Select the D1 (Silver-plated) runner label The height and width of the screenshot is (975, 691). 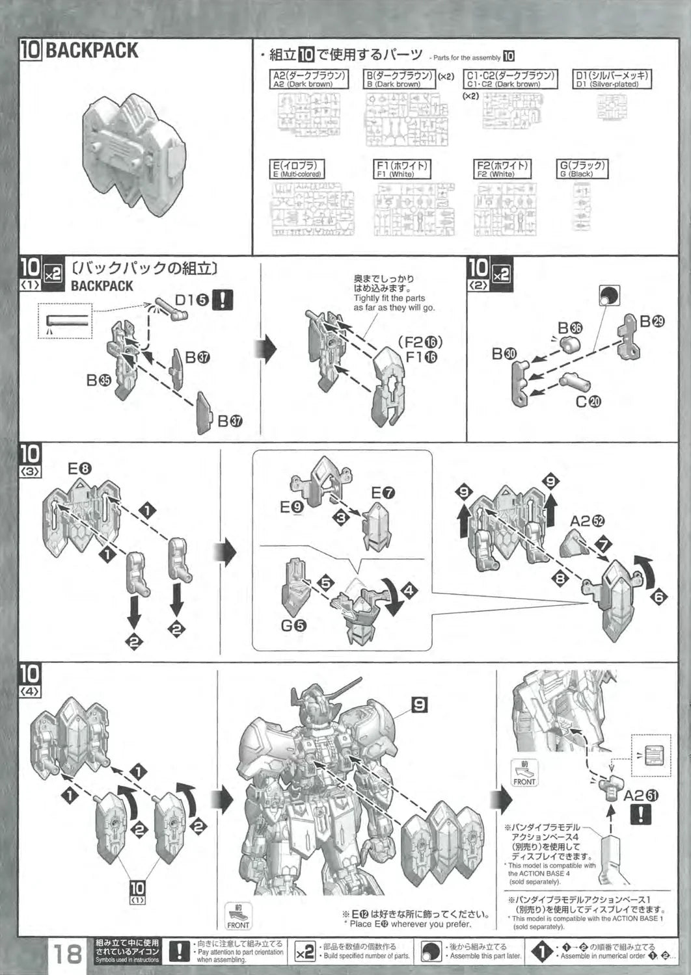click(x=612, y=79)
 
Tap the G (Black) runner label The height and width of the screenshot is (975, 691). click(x=582, y=169)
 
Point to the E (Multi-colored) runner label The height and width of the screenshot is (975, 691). click(x=297, y=169)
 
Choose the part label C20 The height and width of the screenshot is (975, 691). click(x=589, y=401)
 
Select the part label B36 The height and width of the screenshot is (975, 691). click(x=570, y=328)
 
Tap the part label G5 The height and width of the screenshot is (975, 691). click(x=293, y=626)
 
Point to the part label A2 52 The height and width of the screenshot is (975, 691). click(x=587, y=521)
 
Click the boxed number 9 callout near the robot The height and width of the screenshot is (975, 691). click(x=420, y=703)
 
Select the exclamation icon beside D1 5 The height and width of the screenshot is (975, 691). click(x=223, y=300)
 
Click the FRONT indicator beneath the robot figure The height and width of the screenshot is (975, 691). click(x=238, y=916)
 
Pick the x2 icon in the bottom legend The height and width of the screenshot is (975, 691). click(x=306, y=951)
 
